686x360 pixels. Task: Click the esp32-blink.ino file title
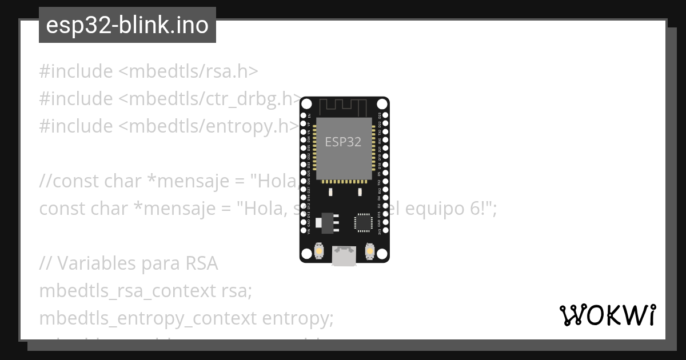point(127,26)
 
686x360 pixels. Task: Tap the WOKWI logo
point(608,315)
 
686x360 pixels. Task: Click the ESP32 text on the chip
point(343,142)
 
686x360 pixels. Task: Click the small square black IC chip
point(363,222)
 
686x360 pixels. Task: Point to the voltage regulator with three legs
point(327,222)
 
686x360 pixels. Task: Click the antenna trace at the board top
point(344,107)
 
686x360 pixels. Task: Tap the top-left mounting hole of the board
point(306,104)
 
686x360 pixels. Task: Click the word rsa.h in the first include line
point(236,71)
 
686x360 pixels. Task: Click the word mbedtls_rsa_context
point(127,291)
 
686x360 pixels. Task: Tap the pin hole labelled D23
point(385,115)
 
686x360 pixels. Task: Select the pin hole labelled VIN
point(303,231)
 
